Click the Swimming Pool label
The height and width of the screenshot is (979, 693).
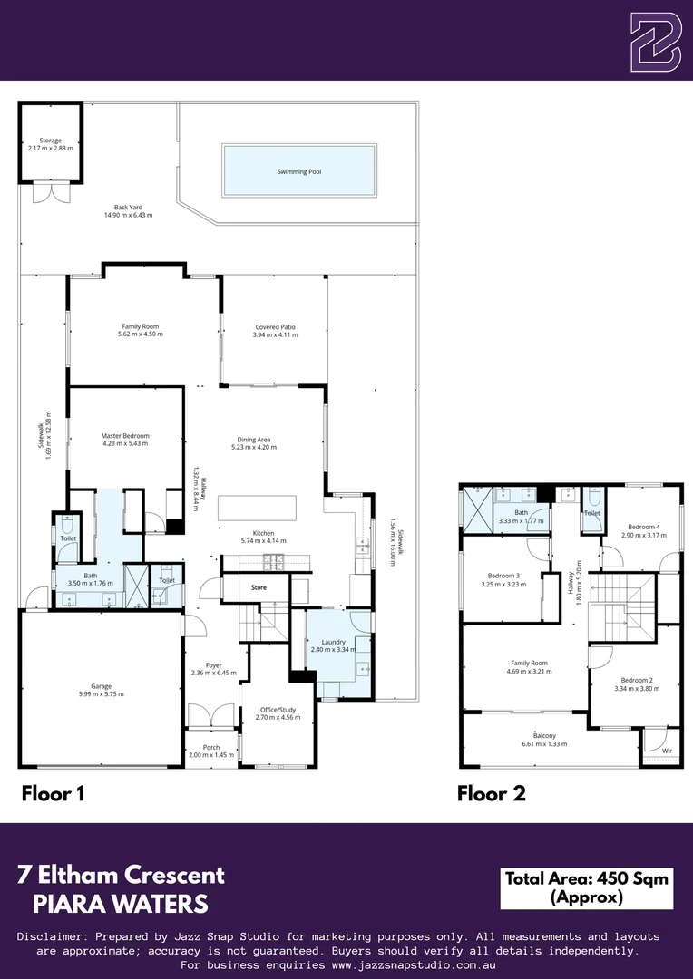pos(300,171)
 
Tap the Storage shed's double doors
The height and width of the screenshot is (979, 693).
pos(51,192)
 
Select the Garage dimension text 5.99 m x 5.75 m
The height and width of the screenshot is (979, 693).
pos(102,693)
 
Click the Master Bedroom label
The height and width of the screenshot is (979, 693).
pos(125,436)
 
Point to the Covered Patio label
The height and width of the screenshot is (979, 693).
pos(275,326)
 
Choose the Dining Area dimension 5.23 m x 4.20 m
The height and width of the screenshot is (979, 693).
pos(254,447)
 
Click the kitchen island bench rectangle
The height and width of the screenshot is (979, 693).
pos(257,508)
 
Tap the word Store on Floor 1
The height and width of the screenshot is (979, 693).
pos(259,587)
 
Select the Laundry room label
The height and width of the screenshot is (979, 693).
pos(334,642)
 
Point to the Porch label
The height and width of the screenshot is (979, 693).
pos(211,747)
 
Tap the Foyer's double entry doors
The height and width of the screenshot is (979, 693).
pos(211,715)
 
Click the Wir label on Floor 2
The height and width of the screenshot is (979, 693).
pos(667,751)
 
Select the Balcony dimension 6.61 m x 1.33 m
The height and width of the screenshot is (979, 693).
pos(544,743)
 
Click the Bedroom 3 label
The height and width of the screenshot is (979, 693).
pos(503,576)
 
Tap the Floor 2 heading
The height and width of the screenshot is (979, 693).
pos(491,793)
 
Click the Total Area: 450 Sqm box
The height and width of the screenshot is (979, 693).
pos(586,887)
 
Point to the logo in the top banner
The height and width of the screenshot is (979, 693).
pos(655,41)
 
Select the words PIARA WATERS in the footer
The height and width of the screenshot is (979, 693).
pos(121,904)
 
